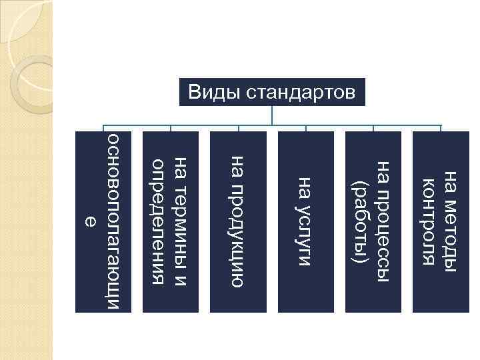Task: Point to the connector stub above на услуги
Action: click(306, 129)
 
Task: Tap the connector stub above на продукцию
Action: click(239, 129)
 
